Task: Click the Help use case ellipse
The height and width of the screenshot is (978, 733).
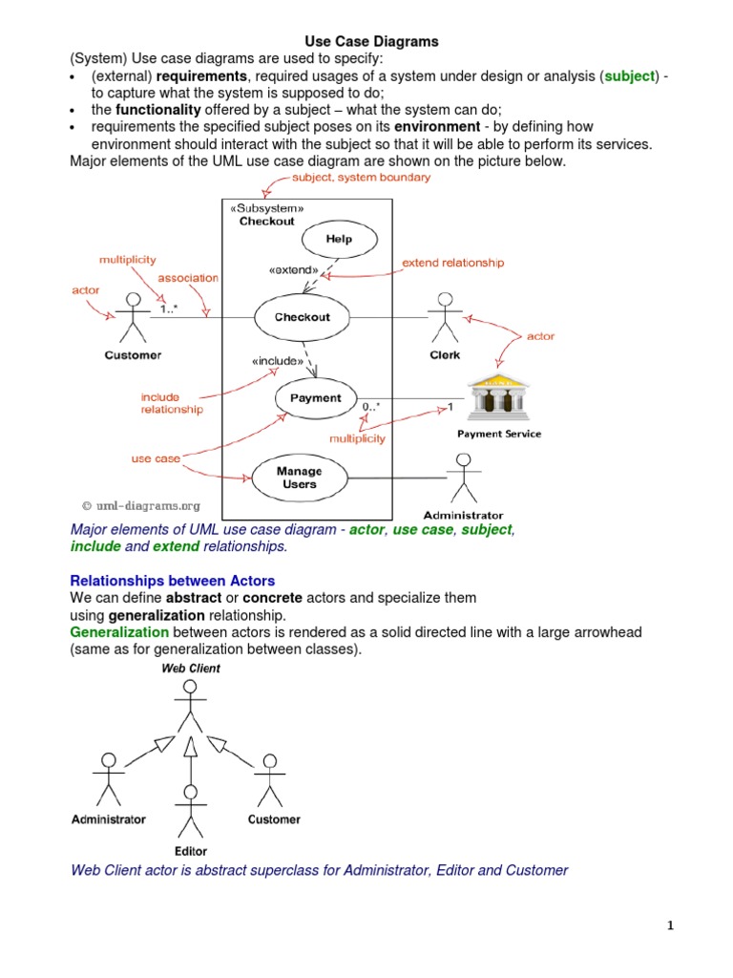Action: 339,239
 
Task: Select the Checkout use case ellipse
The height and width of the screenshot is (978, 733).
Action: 302,317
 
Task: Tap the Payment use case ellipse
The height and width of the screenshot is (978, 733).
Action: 314,398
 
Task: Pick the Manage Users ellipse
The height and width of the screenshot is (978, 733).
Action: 299,478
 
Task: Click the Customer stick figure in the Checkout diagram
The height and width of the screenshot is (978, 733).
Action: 133,319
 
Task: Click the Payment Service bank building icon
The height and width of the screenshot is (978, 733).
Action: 497,396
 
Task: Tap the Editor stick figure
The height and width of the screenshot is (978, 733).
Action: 190,808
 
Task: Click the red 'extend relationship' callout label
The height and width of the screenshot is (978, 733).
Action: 452,262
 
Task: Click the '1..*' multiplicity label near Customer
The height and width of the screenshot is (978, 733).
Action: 168,308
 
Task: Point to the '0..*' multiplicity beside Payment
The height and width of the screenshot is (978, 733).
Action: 371,408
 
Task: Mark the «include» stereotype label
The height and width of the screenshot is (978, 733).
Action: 278,361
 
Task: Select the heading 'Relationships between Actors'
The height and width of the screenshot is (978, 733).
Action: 173,581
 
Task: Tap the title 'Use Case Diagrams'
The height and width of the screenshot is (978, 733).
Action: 371,41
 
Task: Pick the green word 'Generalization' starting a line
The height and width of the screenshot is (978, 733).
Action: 119,632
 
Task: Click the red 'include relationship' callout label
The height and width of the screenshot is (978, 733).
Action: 172,403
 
